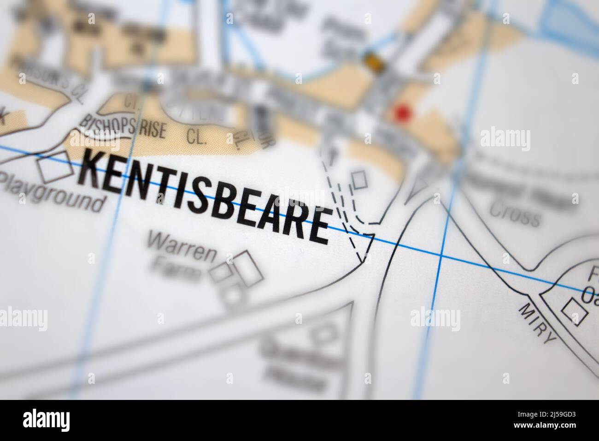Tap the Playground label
[x=52, y=194]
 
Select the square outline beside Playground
[x=55, y=167]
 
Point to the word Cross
[x=514, y=215]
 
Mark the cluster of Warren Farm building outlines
[x=237, y=279]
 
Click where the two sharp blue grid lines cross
[x=441, y=255]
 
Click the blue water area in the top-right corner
[x=571, y=21]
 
